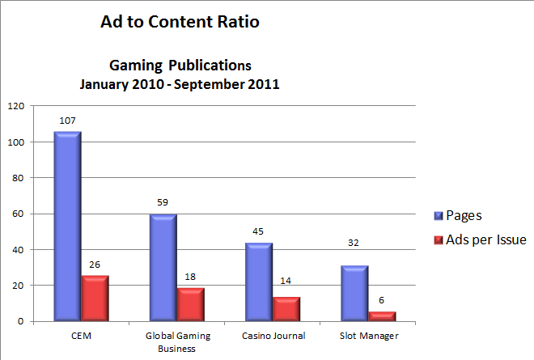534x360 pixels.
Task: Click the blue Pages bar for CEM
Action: [67, 227]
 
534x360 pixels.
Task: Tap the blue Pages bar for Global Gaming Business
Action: [163, 268]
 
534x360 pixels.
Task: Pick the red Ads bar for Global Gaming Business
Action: [191, 304]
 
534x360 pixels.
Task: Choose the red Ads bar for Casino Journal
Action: [287, 309]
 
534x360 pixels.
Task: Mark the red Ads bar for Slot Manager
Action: [383, 316]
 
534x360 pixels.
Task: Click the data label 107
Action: [67, 121]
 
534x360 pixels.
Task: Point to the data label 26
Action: [95, 263]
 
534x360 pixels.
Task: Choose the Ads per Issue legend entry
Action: [481, 239]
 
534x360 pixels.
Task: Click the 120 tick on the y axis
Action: [15, 106]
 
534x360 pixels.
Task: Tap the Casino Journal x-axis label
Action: [273, 335]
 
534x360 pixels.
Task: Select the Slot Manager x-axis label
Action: [370, 335]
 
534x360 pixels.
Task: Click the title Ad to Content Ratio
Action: [180, 23]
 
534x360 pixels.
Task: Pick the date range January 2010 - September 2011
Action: [180, 83]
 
